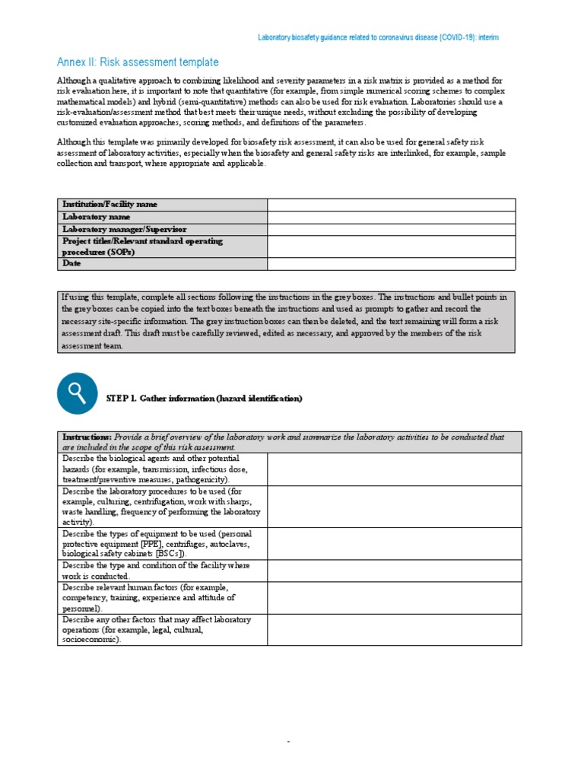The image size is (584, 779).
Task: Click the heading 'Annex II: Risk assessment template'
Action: (138, 62)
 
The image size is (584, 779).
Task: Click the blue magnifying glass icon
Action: (77, 393)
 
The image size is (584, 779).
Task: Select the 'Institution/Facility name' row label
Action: (110, 205)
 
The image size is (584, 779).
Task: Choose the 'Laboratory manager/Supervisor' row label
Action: (125, 229)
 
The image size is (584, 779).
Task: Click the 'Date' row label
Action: (72, 263)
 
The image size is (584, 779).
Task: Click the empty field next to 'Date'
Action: (391, 263)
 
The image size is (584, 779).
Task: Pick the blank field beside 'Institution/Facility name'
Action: (391, 205)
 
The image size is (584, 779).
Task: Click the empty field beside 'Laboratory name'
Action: (391, 217)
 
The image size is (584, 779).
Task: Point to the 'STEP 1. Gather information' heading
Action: (204, 399)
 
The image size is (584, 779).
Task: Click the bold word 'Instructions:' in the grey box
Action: (87, 437)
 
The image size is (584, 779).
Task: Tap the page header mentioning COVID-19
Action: (378, 37)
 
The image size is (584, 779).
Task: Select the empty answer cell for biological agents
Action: (394, 469)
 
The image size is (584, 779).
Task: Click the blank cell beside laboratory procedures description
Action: (394, 507)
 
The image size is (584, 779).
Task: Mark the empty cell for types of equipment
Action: (394, 544)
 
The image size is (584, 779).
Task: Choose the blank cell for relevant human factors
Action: (394, 598)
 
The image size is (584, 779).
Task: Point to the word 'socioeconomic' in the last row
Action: (90, 641)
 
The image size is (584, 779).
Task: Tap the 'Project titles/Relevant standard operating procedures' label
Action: (142, 246)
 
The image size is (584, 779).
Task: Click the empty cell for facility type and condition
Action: (394, 571)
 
